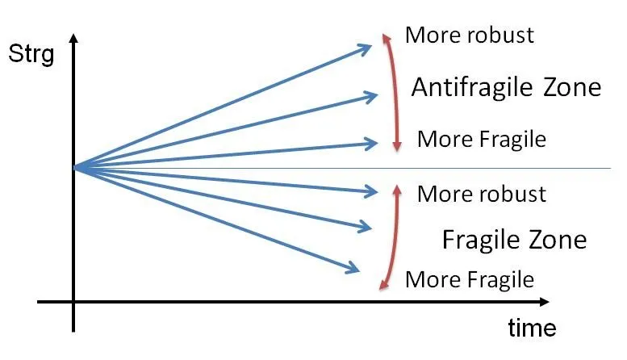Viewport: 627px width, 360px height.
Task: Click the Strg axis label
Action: (31, 54)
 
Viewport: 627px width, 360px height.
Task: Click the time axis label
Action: (532, 328)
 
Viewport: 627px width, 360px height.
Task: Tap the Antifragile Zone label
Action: (506, 87)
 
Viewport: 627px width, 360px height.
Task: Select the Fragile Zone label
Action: (514, 240)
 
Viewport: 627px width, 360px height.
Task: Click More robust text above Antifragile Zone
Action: (470, 35)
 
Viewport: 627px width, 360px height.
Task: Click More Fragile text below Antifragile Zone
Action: (482, 139)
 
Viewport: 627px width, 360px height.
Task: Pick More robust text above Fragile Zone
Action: (482, 194)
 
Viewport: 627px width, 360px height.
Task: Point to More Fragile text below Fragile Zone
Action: (470, 279)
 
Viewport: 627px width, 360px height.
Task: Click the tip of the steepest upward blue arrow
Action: (371, 46)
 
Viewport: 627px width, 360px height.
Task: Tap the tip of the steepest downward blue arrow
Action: (359, 270)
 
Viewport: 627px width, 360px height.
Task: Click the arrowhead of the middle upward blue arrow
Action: (378, 95)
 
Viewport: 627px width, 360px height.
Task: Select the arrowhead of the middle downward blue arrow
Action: (371, 228)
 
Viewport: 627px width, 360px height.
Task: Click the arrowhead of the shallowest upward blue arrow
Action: (378, 143)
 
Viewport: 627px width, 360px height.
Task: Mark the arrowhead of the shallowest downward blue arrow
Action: (378, 193)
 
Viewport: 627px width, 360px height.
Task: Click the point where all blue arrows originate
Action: (74, 168)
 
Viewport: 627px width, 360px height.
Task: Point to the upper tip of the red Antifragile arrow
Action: (384, 35)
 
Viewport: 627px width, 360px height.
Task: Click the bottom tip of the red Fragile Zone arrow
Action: (380, 288)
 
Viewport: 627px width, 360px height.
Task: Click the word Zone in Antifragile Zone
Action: (572, 87)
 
